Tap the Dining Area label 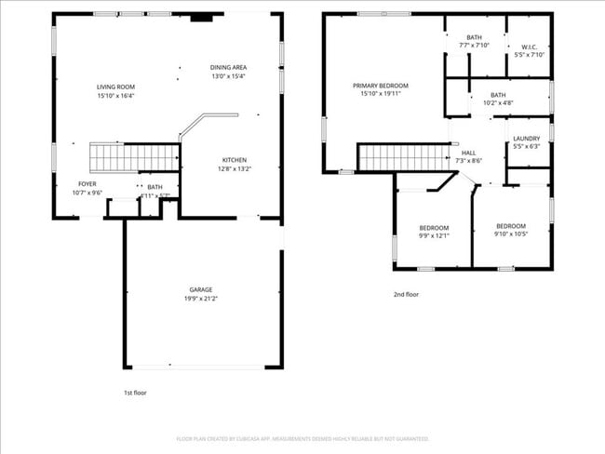point(228,67)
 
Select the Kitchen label point(234,159)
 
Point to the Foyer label point(87,184)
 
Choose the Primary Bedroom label point(380,86)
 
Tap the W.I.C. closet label point(529,47)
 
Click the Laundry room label point(526,139)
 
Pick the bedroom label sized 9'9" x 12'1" point(434,228)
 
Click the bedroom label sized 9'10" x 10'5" point(510,226)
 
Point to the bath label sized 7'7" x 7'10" point(474,37)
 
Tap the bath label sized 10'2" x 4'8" point(498,94)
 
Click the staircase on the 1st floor point(133,157)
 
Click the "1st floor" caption point(135,393)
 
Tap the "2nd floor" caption point(406,294)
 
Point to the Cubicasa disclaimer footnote point(302,438)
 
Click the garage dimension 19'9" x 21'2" point(202,299)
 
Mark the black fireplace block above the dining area point(200,16)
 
